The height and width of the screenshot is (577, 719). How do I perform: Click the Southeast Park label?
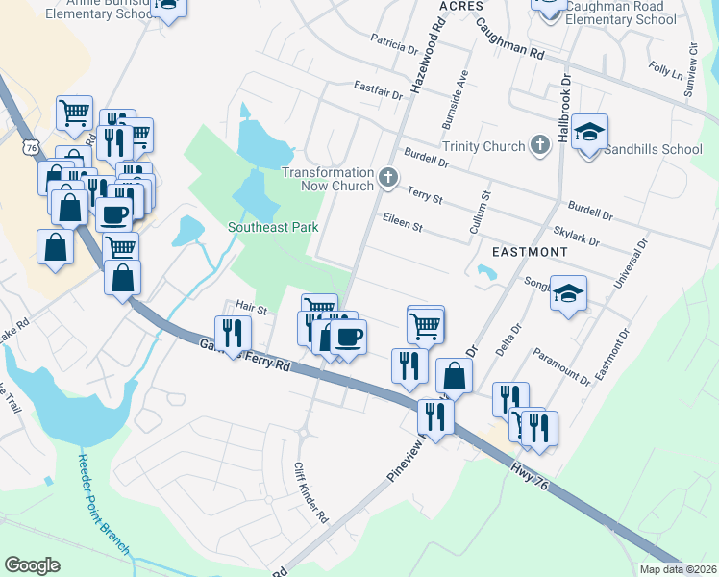pos(273,227)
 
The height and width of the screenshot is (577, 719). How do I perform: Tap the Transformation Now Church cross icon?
pos(388,177)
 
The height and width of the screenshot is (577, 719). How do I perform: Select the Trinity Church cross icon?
pos(540,145)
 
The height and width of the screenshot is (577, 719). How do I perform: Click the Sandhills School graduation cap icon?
pos(589,133)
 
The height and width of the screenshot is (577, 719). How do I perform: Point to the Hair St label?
pos(251,308)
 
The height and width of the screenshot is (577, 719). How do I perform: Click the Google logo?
pos(32,564)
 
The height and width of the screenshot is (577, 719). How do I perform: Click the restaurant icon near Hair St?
pos(233,333)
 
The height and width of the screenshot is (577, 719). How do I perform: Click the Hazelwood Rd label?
pos(426,58)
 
